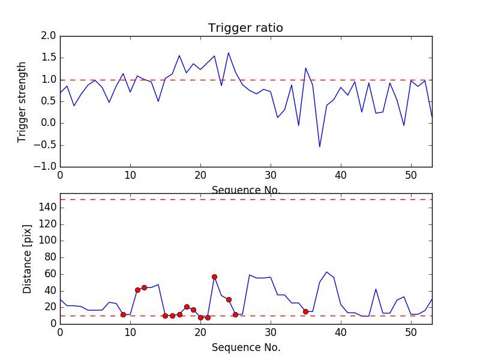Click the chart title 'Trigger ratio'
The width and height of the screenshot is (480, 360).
[245, 28]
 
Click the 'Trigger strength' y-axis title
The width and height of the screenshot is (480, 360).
[22, 101]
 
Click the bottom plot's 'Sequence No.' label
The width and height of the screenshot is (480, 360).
[246, 347]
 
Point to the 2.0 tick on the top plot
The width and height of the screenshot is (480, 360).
[49, 36]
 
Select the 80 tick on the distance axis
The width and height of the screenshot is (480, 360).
[50, 257]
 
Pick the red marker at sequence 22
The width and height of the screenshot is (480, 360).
[214, 277]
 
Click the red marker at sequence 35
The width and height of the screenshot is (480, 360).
[305, 311]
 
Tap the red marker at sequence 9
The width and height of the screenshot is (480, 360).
[123, 314]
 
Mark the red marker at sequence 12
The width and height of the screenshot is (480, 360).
[144, 287]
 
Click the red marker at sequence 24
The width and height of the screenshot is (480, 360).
[229, 299]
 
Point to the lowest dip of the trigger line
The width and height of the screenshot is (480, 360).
[320, 146]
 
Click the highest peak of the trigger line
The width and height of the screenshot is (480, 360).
[229, 53]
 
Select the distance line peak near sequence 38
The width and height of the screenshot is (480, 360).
[327, 272]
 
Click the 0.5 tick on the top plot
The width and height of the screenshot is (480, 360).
[49, 101]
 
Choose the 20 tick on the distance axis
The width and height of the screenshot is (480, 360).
[50, 307]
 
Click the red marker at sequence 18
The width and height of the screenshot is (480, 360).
[187, 307]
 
